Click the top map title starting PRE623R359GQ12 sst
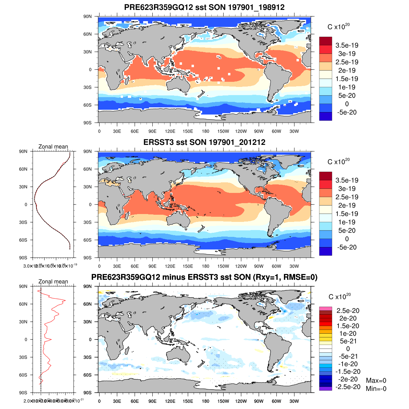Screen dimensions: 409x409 tap(204, 7)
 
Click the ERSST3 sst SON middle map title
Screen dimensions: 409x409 tap(204, 142)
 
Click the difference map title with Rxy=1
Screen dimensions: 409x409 tap(204, 277)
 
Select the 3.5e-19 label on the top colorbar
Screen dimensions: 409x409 tap(347, 45)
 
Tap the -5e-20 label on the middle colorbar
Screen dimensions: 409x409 tap(347, 247)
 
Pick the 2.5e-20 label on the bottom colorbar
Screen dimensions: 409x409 tap(348, 310)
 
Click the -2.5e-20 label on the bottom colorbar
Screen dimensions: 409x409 tap(348, 387)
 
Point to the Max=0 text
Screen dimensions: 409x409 tap(376, 380)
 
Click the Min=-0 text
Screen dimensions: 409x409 tap(376, 389)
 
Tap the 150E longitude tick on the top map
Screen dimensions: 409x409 tap(188, 131)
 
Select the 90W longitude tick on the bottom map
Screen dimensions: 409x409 tap(259, 401)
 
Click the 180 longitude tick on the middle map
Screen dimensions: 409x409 tap(206, 266)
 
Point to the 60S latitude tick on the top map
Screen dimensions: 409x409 tap(88, 105)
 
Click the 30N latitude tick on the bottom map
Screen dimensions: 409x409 tap(88, 322)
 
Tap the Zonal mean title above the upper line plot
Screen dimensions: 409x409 tap(53, 147)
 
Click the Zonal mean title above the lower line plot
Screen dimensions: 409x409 tap(53, 282)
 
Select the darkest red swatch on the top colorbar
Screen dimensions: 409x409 tap(325, 41)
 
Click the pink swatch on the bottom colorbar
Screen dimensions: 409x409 tap(325, 309)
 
